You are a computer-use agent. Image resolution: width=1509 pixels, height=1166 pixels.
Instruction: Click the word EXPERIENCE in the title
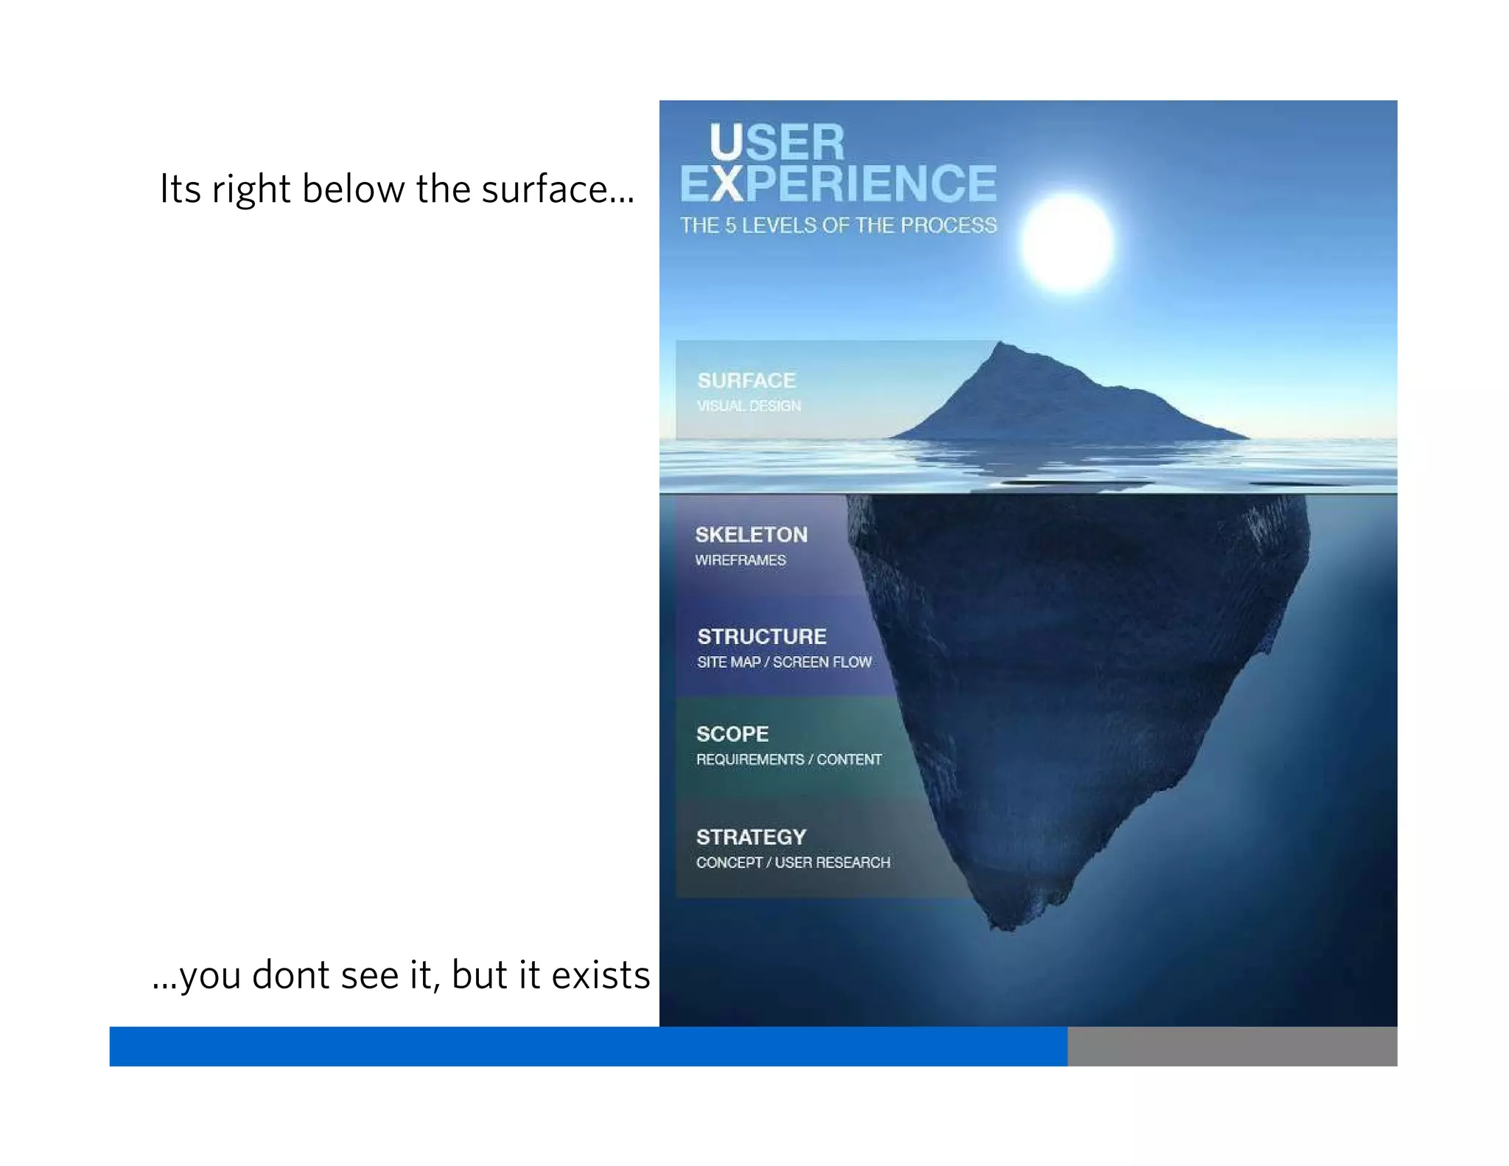[838, 184]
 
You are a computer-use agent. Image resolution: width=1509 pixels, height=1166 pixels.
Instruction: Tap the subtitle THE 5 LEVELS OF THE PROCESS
[838, 225]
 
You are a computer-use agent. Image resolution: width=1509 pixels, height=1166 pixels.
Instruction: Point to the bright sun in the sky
[1067, 242]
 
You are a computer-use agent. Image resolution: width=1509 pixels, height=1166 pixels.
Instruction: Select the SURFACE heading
[746, 380]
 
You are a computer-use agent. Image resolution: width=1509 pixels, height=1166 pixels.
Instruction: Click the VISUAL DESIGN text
[749, 406]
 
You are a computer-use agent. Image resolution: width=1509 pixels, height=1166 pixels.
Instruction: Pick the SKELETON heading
[751, 534]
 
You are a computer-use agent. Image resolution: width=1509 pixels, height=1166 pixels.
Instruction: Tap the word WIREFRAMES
[741, 560]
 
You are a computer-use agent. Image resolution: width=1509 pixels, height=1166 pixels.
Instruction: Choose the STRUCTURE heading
[762, 636]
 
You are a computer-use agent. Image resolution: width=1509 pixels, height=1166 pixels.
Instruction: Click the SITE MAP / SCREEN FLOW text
[784, 662]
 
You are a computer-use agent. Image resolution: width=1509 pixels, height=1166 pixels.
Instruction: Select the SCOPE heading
[732, 734]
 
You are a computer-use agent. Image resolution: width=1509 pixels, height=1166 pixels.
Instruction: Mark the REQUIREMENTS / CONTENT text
[788, 759]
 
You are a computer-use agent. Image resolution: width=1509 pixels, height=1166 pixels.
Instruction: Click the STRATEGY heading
[751, 837]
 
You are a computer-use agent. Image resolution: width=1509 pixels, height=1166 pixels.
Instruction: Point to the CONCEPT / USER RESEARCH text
[793, 862]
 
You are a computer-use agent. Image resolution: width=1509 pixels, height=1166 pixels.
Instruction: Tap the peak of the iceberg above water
[1000, 344]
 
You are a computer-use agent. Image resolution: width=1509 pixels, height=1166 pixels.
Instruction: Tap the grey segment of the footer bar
[1232, 1046]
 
